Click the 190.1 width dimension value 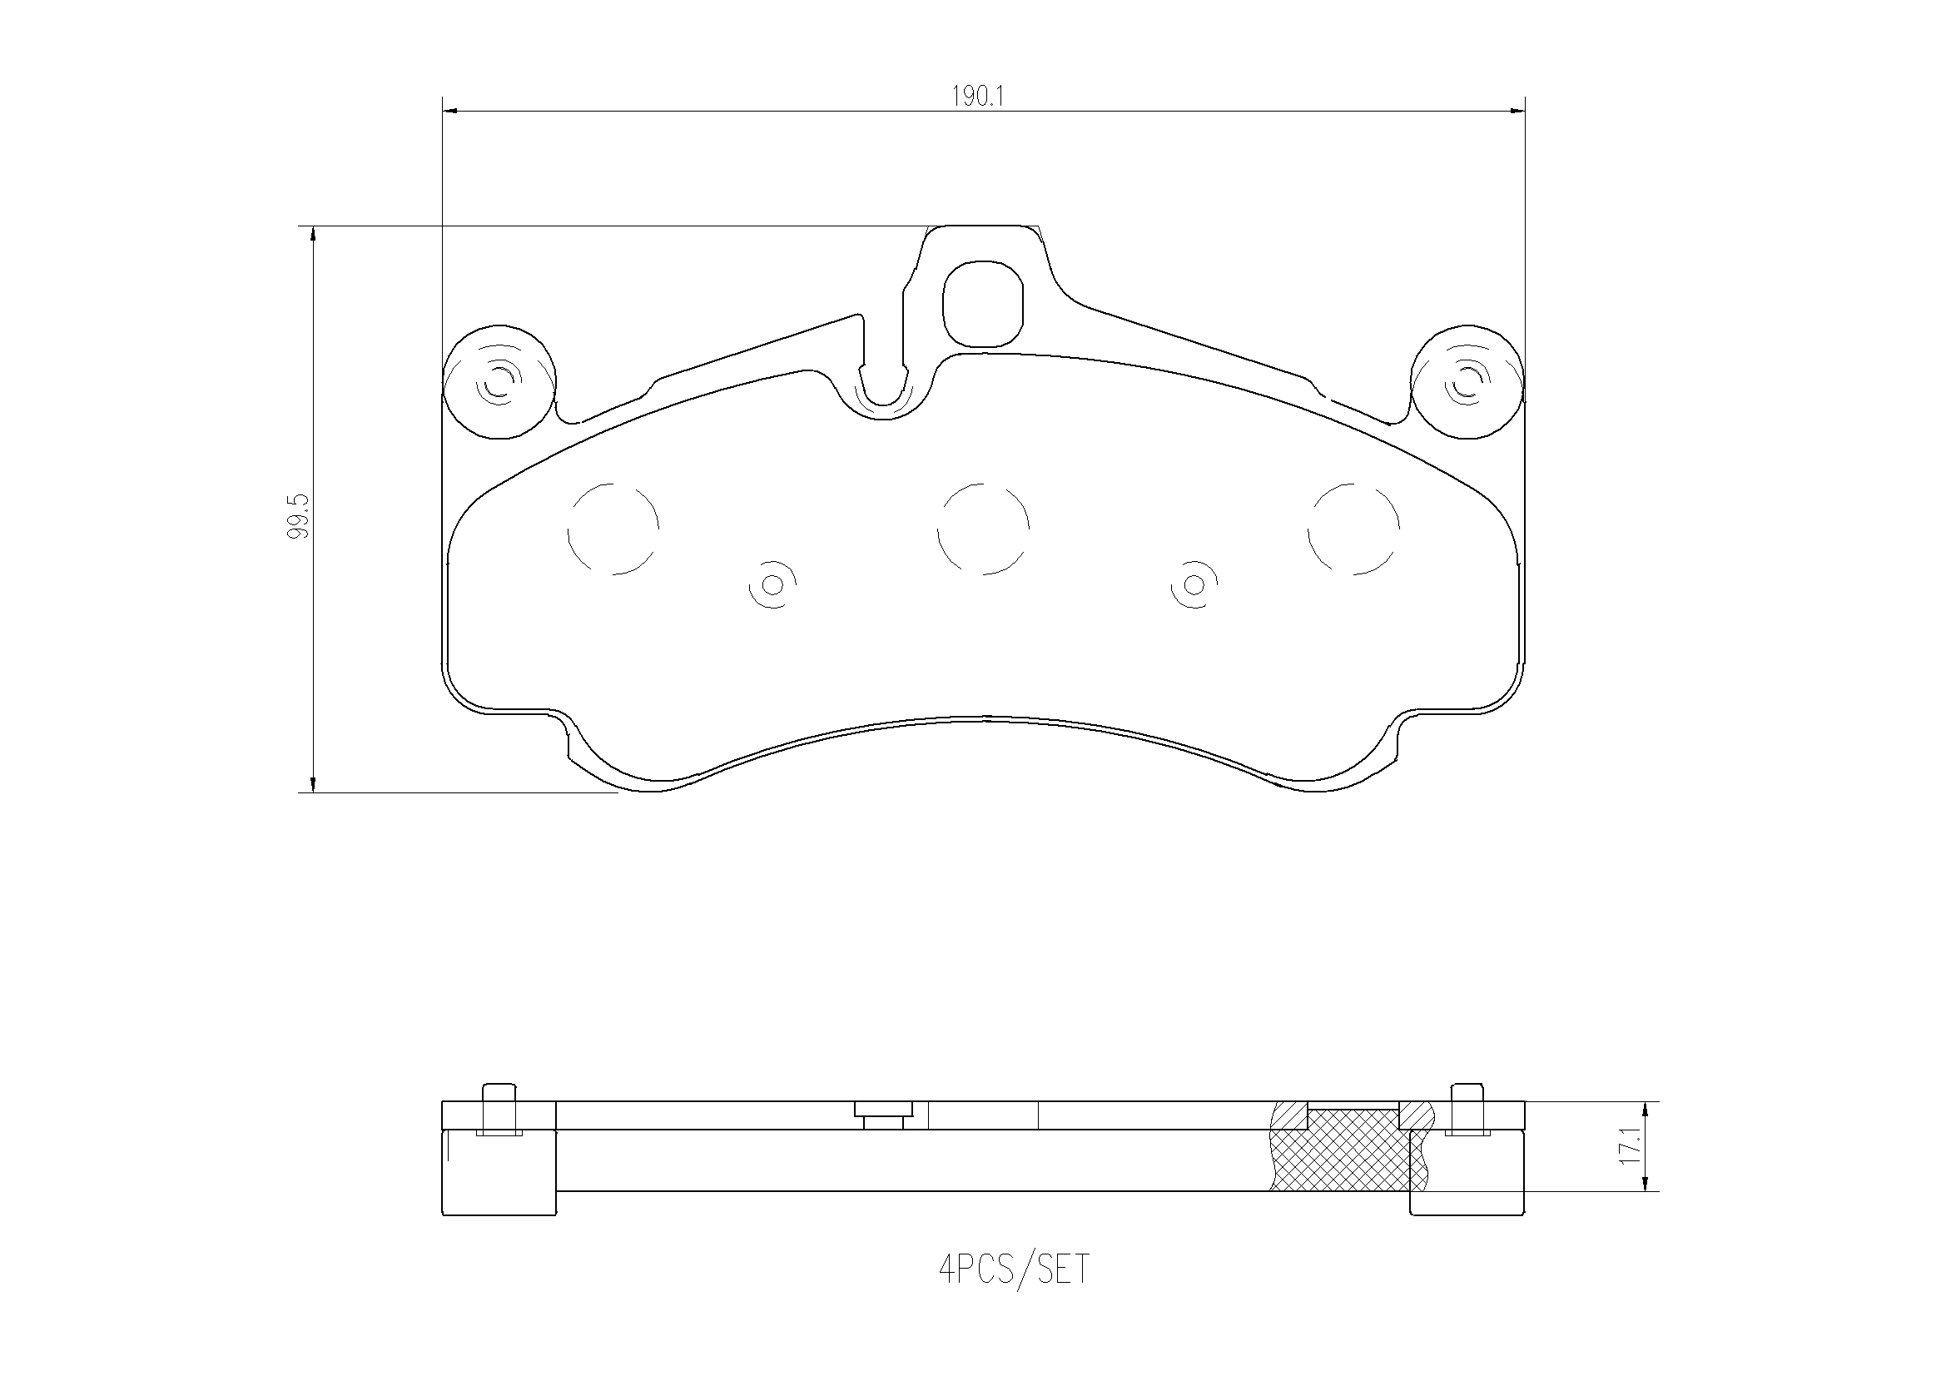[976, 97]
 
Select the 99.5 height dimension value [299, 515]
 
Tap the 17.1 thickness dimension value [1627, 1146]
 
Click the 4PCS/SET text [1014, 1269]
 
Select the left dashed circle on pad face [613, 529]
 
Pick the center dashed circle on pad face [983, 529]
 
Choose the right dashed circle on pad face [1353, 529]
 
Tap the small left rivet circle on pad [772, 584]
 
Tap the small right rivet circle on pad [1194, 584]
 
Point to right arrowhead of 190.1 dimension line [1517, 110]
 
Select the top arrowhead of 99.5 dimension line [314, 234]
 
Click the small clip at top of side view [883, 1114]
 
